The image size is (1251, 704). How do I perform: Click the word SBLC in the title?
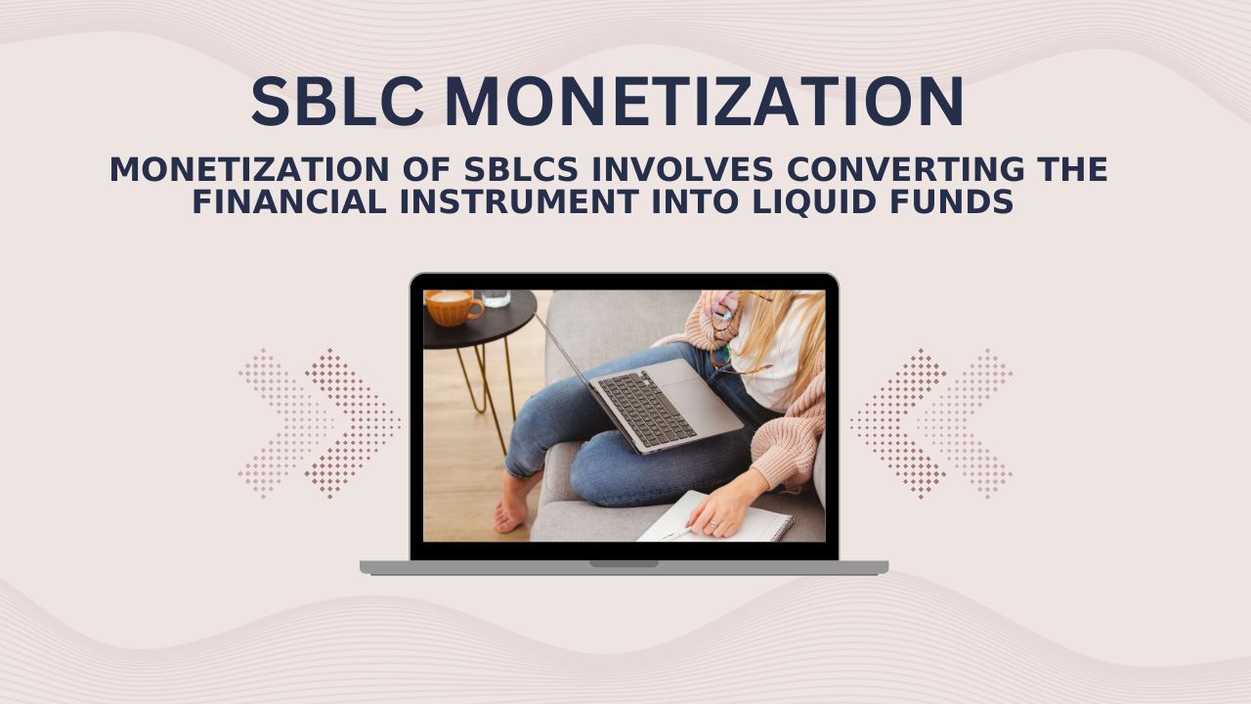(x=337, y=103)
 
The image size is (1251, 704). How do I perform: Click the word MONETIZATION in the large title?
(x=704, y=103)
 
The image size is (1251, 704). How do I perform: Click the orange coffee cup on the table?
(x=453, y=307)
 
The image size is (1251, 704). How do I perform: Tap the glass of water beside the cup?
(x=496, y=298)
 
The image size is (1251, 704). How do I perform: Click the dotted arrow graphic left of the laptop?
(x=319, y=423)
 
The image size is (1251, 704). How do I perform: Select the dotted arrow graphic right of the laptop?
(x=930, y=423)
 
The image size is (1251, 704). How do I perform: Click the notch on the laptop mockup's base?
(x=624, y=564)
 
